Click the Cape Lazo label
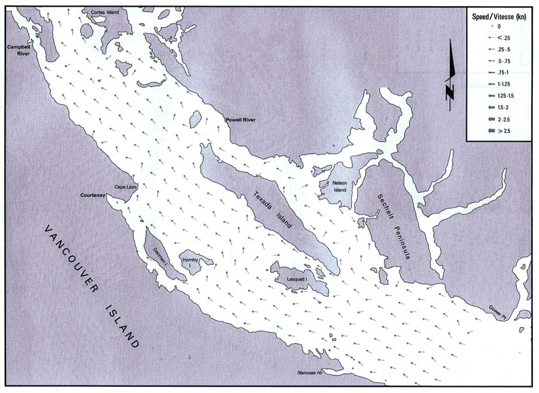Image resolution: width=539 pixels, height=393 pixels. tap(125, 187)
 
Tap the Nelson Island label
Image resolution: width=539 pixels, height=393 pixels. tap(339, 187)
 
